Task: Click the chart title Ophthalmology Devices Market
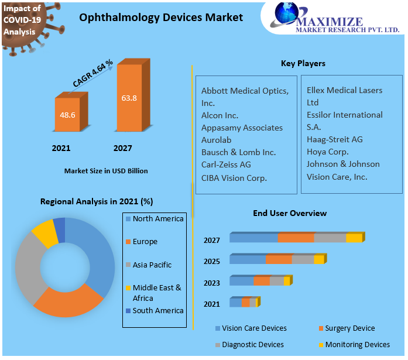pos(161,18)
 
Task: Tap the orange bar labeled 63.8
pos(129,98)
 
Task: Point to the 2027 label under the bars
pos(122,148)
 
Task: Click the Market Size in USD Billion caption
pos(106,171)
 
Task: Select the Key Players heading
pos(303,63)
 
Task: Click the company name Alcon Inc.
pos(220,115)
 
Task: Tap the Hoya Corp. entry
pos(327,152)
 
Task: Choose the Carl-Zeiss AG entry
pos(226,164)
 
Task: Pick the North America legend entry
pos(157,219)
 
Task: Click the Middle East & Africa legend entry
pos(156,292)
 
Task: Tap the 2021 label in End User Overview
pos(212,304)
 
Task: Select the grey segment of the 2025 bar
pos(303,259)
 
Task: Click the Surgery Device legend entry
pos(349,328)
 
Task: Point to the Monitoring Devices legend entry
pos(357,345)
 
